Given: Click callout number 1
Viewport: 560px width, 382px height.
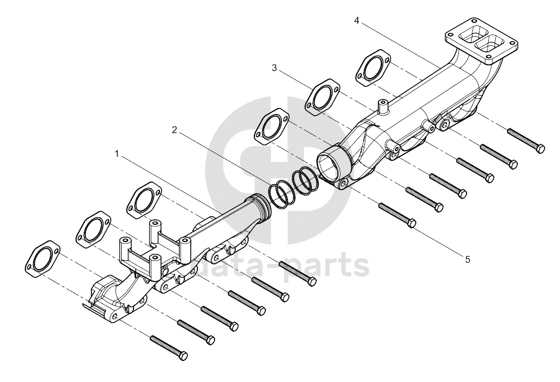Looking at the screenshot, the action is coord(116,153).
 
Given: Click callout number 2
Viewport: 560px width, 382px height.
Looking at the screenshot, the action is coord(174,130).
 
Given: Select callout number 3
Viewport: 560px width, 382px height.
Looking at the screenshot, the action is coord(274,68).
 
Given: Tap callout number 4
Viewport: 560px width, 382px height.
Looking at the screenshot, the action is coord(356,21).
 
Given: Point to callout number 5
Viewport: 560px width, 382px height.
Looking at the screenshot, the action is coord(468,259).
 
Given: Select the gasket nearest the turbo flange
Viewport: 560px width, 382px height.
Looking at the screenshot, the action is coord(373,68).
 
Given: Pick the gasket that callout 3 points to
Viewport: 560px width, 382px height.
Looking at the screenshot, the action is coord(323,97).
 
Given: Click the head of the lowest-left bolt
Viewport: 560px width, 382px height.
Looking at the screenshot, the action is coord(183,356).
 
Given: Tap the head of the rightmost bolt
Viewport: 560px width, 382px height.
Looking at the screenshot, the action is coord(541,149).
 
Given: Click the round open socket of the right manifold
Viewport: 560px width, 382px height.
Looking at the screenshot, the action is coord(332,163).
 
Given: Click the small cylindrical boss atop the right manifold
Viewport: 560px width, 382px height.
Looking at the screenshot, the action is coord(383,107).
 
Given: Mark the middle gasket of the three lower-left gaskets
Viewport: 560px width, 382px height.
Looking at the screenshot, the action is coord(94,230).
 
